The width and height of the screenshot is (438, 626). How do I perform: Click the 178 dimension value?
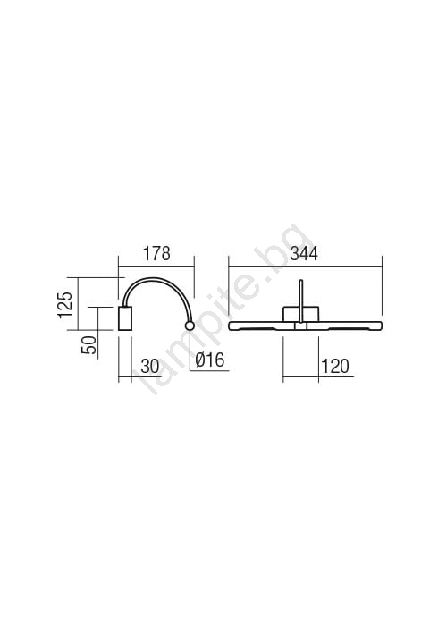point(157,253)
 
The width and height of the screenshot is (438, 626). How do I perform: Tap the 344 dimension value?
point(304,253)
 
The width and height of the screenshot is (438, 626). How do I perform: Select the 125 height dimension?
point(65,305)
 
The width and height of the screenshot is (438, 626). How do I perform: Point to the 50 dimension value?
point(89,345)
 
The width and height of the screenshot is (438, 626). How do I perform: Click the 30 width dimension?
point(150,366)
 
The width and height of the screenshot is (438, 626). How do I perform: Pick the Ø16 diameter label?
point(210,360)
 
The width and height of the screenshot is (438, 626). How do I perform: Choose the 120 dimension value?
point(335,366)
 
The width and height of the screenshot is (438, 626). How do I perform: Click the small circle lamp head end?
point(190,326)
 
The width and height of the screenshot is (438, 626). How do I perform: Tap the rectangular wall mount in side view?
point(125,318)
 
